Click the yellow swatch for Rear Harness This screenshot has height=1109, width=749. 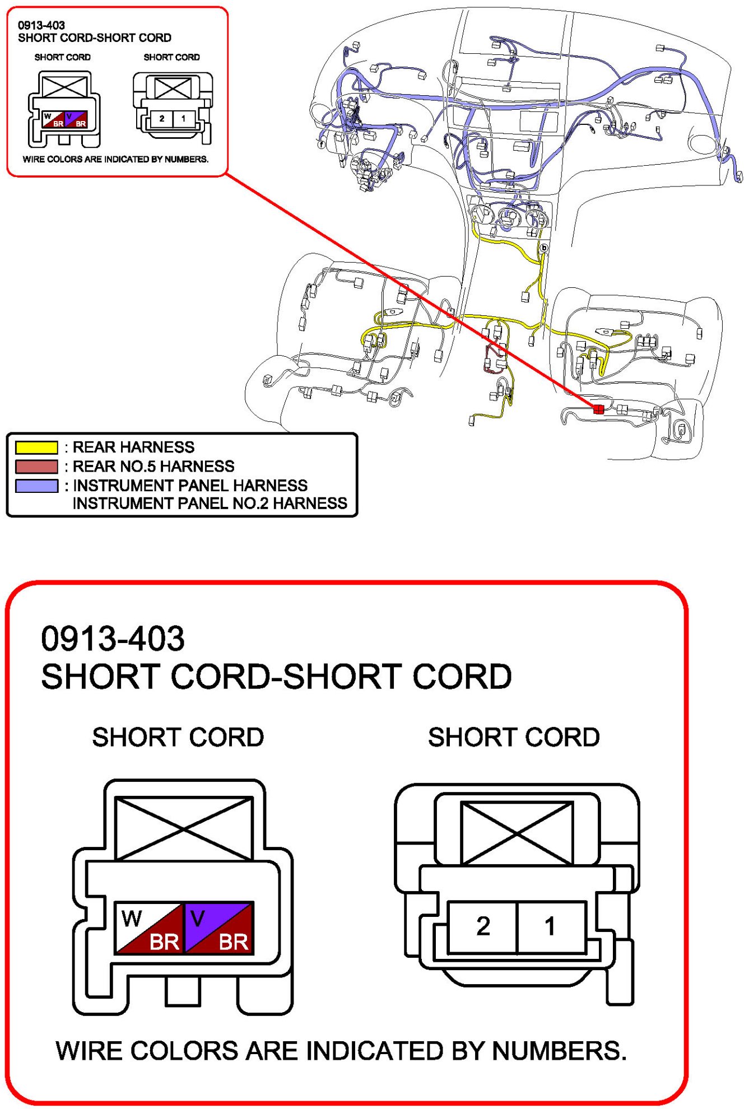(36, 447)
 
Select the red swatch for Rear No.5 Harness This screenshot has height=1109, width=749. (36, 466)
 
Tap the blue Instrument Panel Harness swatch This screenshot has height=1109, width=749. (36, 486)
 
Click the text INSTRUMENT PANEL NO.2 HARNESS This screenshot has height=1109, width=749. (210, 504)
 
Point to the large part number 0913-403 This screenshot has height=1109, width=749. (113, 639)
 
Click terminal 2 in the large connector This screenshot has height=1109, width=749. (483, 926)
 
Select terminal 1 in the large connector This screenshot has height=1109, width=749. (550, 926)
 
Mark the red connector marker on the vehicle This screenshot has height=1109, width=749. (598, 409)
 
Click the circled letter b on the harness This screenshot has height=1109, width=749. (543, 248)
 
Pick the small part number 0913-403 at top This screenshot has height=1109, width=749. (41, 25)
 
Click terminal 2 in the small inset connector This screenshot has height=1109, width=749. (162, 119)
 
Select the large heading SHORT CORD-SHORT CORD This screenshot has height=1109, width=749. (276, 677)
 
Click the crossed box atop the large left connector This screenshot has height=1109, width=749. (184, 829)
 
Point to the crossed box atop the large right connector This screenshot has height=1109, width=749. (517, 833)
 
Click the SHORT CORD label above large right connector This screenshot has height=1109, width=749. (514, 737)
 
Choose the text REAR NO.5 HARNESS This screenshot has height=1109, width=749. (153, 466)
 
